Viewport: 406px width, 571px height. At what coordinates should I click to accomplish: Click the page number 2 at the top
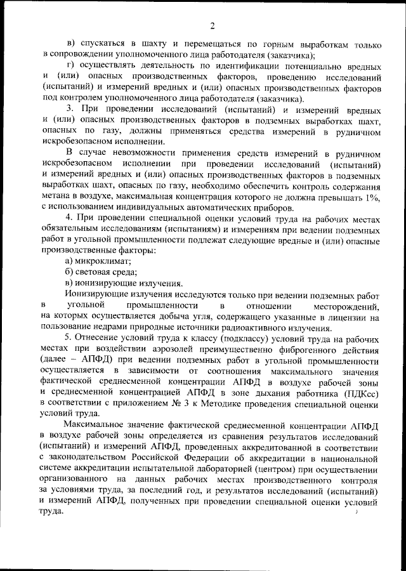pyautogui.click(x=213, y=25)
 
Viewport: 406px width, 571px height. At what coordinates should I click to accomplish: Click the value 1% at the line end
pyautogui.click(x=370, y=197)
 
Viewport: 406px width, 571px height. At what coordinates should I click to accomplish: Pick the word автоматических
pyautogui.click(x=219, y=208)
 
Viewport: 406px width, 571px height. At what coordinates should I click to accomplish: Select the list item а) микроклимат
pyautogui.click(x=98, y=262)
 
